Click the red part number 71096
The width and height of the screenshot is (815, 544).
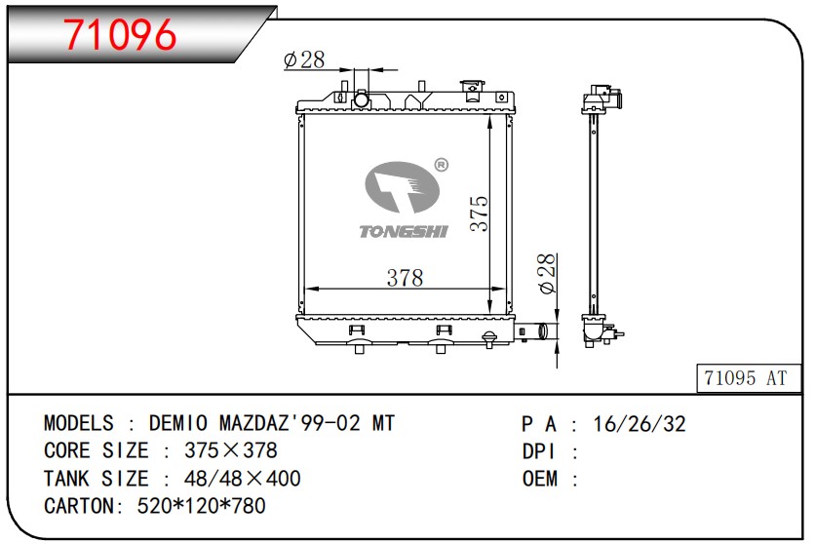click(121, 35)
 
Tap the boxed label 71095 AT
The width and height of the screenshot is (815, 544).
click(749, 377)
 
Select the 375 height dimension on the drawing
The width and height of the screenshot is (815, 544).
click(479, 214)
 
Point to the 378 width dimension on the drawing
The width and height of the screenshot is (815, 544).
click(405, 278)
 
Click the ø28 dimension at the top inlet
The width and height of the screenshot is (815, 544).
click(304, 59)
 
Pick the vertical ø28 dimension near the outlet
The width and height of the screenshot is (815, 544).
click(547, 274)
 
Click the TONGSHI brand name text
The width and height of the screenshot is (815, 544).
click(404, 231)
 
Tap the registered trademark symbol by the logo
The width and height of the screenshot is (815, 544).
click(441, 165)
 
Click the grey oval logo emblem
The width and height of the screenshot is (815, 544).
click(402, 187)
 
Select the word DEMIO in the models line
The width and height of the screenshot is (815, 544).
click(177, 423)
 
